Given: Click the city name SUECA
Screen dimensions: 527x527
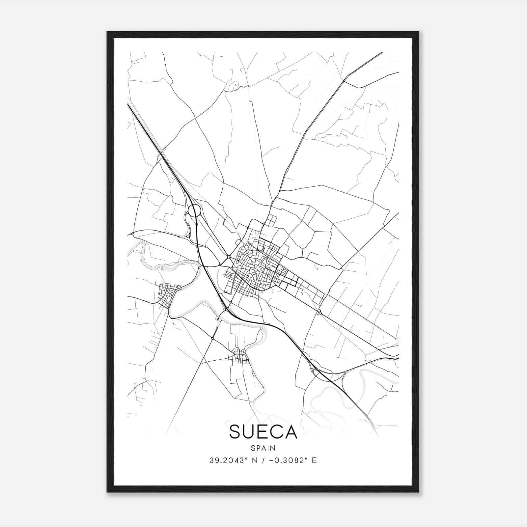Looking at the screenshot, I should click(x=263, y=432).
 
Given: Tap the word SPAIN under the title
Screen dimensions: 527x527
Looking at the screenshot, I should click(x=263, y=448).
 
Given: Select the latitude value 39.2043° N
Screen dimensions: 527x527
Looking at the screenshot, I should click(x=234, y=460).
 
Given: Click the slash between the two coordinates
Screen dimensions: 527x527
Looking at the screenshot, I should click(x=263, y=460).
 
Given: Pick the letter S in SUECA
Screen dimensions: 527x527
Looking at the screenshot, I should click(x=236, y=432).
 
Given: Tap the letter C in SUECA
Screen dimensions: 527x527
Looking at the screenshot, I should click(x=275, y=432).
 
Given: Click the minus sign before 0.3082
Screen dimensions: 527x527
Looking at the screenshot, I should click(x=271, y=460).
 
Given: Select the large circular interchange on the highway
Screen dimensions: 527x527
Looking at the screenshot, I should click(x=194, y=210).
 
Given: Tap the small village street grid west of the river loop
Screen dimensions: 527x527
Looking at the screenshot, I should click(x=168, y=294).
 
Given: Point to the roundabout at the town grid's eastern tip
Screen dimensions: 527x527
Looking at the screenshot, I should click(x=319, y=312).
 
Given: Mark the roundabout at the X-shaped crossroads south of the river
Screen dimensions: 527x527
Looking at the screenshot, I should click(x=213, y=338).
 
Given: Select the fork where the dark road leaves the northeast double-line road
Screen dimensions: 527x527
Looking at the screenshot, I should click(x=344, y=81).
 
